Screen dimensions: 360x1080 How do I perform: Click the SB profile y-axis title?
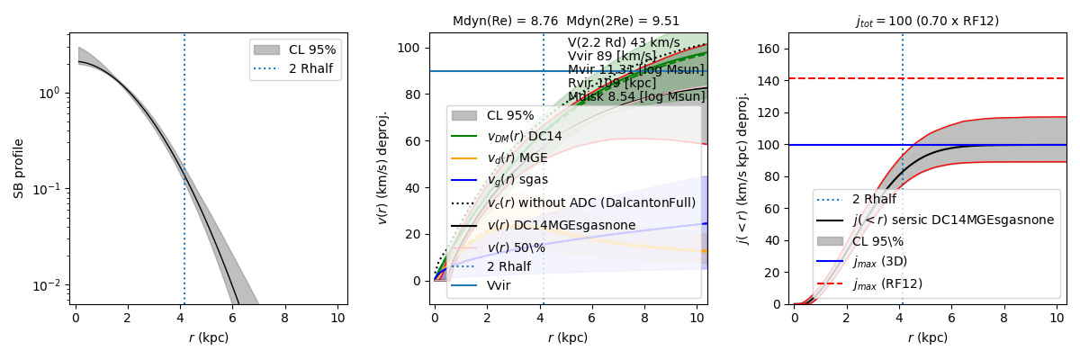pos(19,168)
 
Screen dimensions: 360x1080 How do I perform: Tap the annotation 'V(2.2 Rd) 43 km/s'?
pos(623,42)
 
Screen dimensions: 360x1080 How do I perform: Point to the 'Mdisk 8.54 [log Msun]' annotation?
pos(636,96)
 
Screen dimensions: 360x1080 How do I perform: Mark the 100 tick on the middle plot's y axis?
pos(412,48)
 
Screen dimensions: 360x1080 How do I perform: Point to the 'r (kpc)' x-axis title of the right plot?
pos(927,338)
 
